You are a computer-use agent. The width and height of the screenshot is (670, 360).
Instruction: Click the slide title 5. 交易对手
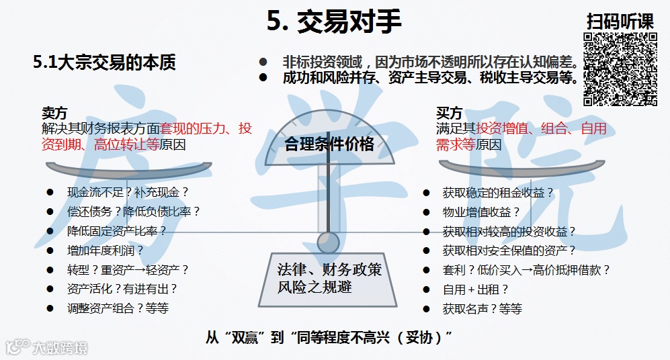click(334, 21)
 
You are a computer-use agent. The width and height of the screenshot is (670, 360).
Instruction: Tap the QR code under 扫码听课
click(620, 70)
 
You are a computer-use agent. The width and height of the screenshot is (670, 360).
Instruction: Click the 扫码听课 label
click(620, 20)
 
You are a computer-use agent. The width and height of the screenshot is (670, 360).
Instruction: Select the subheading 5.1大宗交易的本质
click(104, 62)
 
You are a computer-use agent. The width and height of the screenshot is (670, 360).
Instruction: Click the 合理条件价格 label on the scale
click(329, 144)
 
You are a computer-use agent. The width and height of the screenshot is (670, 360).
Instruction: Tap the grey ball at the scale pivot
click(328, 241)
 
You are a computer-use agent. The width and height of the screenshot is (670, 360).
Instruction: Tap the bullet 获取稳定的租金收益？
click(498, 192)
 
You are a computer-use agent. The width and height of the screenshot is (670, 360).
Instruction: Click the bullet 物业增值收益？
click(481, 212)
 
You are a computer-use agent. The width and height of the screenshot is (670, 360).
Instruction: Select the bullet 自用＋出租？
click(475, 289)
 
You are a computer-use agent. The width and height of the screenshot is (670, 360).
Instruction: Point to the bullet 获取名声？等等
click(482, 309)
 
